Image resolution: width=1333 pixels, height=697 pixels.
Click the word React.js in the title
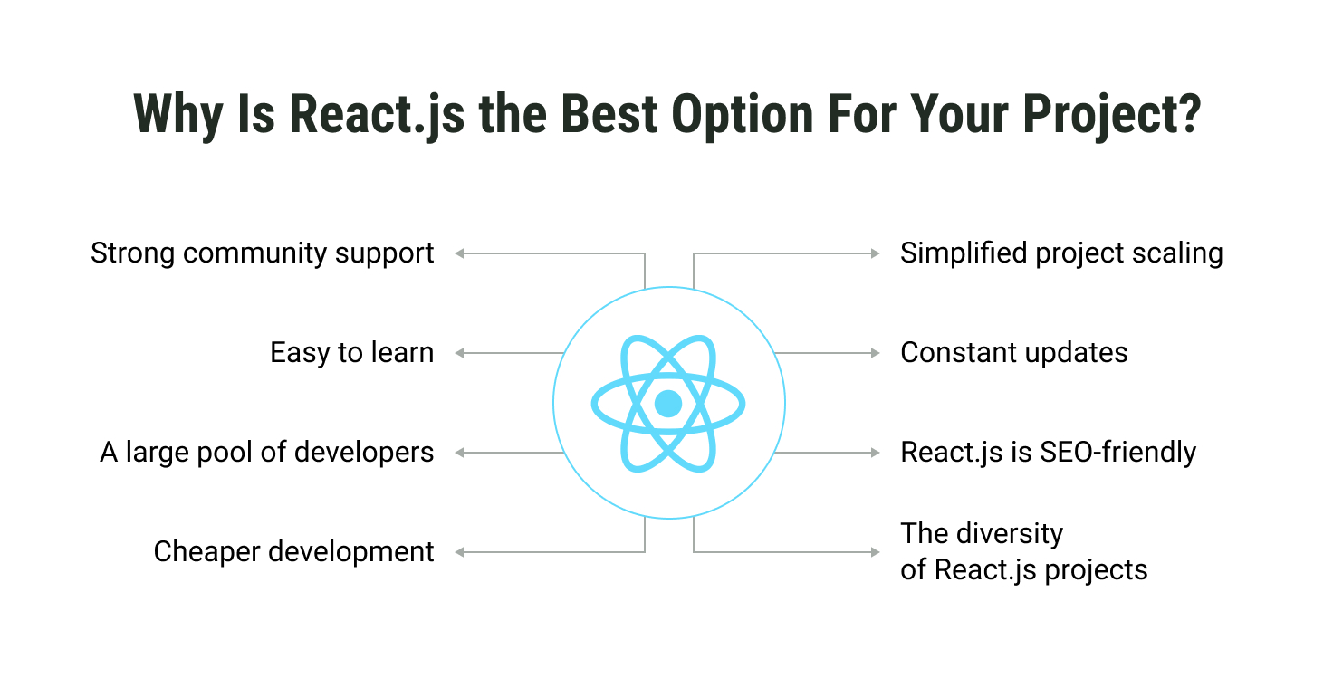tap(377, 117)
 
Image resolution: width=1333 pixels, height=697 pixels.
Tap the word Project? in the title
tap(1112, 117)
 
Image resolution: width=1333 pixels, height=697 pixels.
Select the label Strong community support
tap(262, 254)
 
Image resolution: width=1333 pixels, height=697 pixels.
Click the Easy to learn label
tap(351, 353)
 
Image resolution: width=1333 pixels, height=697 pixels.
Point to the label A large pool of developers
tap(266, 453)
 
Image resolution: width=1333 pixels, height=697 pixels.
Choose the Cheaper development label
tap(293, 552)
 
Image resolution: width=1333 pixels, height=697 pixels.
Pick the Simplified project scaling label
tap(1061, 254)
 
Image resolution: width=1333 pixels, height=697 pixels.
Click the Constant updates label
tap(1014, 353)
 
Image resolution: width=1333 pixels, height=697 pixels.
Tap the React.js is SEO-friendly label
tap(1048, 453)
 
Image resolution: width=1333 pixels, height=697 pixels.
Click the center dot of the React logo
tap(668, 404)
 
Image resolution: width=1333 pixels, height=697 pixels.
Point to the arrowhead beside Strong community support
tap(459, 253)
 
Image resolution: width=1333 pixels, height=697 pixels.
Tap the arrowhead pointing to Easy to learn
tap(459, 353)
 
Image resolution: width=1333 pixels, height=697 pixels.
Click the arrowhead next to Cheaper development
tap(459, 552)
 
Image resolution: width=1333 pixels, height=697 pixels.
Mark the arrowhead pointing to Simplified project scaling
tap(876, 253)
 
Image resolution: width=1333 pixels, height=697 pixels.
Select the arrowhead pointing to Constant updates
tap(876, 353)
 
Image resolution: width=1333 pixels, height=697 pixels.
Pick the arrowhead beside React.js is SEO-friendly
tap(876, 453)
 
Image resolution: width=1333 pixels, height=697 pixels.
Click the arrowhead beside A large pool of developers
tap(459, 453)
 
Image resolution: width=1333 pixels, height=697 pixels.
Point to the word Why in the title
tap(178, 117)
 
